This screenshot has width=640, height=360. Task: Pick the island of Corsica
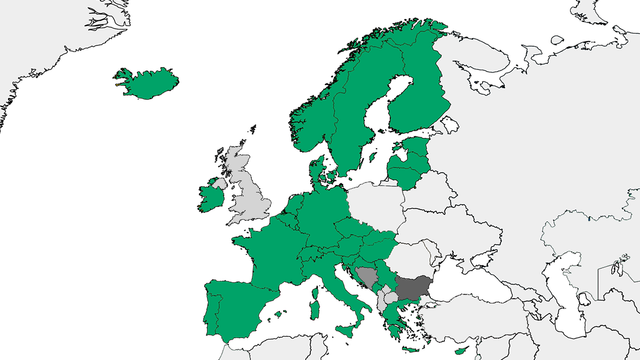coord(316,294)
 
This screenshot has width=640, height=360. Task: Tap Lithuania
coord(408,174)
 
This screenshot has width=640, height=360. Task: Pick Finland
coord(421,91)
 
